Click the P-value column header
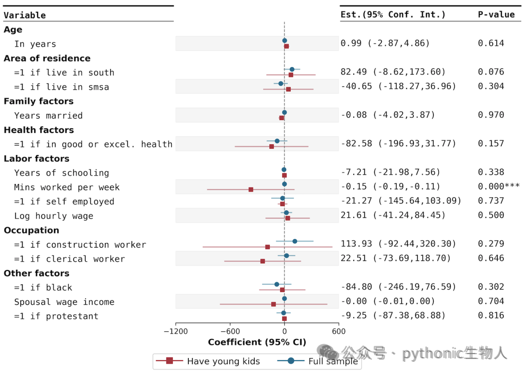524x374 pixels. coord(496,15)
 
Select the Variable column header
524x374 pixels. coord(25,15)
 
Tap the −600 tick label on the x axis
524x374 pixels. coord(230,331)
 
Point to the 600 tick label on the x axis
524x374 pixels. coord(339,331)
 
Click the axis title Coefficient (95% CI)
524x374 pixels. coord(257,342)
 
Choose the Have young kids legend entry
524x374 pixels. coord(208,361)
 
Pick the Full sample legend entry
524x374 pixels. coord(317,361)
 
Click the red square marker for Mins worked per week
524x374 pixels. coord(251,190)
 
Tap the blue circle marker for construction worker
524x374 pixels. coord(295,241)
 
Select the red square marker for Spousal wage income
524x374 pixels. coord(273,305)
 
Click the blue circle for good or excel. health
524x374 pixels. coord(277,141)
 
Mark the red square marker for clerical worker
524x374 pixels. coord(262,261)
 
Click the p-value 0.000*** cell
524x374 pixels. coord(499,187)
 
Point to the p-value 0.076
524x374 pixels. coord(491,71)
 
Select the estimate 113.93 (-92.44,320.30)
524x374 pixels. coord(398,243)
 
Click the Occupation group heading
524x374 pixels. coord(32,230)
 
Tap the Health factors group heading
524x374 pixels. coord(39,130)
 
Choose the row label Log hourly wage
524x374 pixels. coord(53,216)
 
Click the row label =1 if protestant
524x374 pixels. coord(56,316)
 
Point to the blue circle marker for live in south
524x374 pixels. coord(292,69)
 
